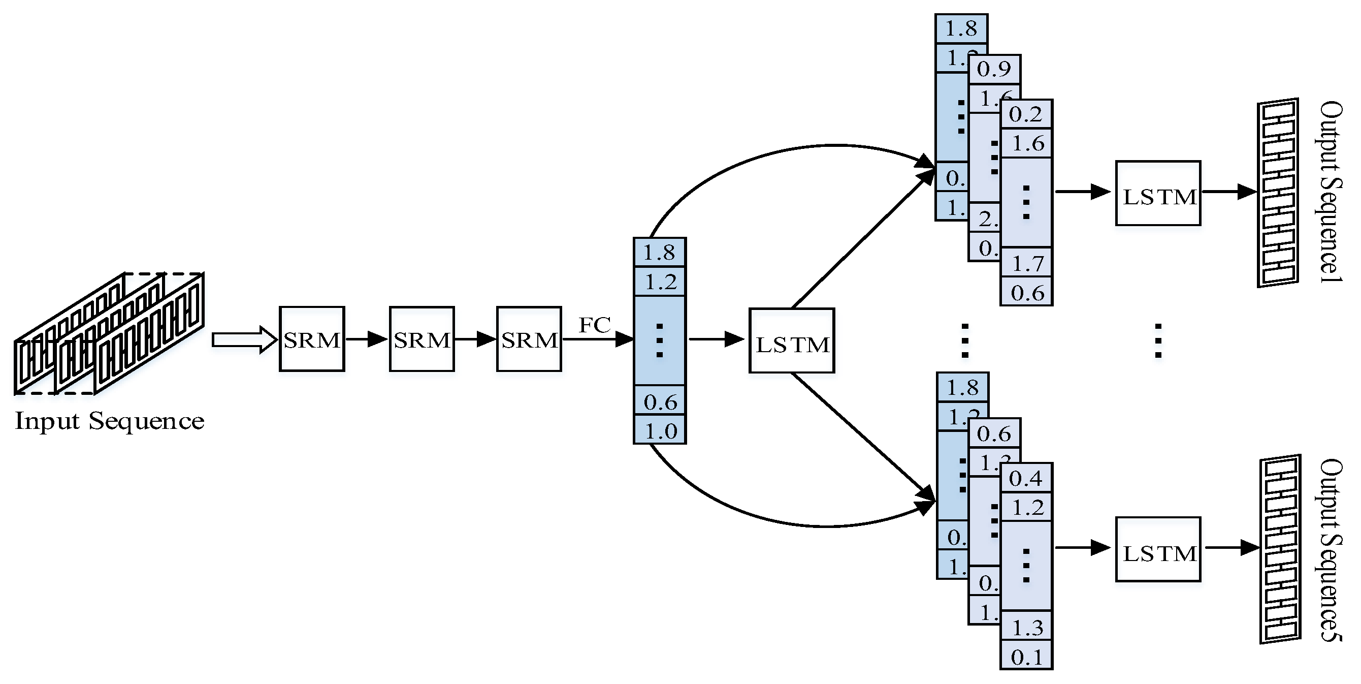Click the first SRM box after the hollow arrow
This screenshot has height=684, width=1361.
312,339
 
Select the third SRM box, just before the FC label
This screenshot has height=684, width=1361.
529,339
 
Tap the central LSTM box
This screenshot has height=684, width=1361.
791,341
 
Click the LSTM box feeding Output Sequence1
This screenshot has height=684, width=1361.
1158,194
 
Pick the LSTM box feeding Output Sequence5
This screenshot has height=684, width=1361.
1158,549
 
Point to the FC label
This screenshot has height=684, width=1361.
594,325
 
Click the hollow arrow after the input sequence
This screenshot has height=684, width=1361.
244,339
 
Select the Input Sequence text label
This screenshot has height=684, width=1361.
109,421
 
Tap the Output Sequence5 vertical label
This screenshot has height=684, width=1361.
1331,550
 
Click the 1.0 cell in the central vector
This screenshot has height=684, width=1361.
660,430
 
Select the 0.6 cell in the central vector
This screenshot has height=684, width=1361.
660,401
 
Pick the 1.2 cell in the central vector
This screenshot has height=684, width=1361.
660,282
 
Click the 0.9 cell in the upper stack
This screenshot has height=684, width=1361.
994,69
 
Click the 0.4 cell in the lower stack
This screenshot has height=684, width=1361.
1026,478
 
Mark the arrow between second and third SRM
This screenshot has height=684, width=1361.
475,339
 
